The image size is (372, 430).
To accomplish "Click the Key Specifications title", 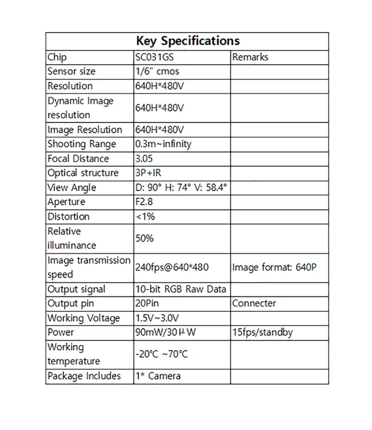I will click(x=187, y=41).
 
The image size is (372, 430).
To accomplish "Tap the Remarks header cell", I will click(x=250, y=57).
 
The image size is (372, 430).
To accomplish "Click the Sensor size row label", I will click(x=72, y=72).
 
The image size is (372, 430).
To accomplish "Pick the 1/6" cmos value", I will click(x=157, y=72).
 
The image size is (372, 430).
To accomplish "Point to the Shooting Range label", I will click(x=82, y=144).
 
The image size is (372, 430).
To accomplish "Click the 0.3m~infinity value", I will click(x=163, y=144).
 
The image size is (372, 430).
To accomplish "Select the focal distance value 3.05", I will click(x=144, y=159).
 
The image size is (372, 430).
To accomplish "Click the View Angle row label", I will click(x=72, y=187).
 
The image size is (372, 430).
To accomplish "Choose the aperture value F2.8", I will click(x=144, y=202).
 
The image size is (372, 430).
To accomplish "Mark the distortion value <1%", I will click(x=145, y=217).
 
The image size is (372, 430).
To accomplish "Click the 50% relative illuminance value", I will click(x=144, y=238).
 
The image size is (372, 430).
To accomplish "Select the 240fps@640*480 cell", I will click(x=172, y=267).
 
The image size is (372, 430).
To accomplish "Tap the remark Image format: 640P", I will click(x=274, y=267).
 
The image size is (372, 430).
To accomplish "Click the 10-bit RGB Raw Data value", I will click(x=180, y=290).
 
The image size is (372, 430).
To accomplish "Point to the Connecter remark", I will click(x=254, y=304).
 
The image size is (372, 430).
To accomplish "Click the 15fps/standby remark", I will click(x=263, y=333).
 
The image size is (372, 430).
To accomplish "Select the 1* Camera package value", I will click(x=158, y=376).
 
